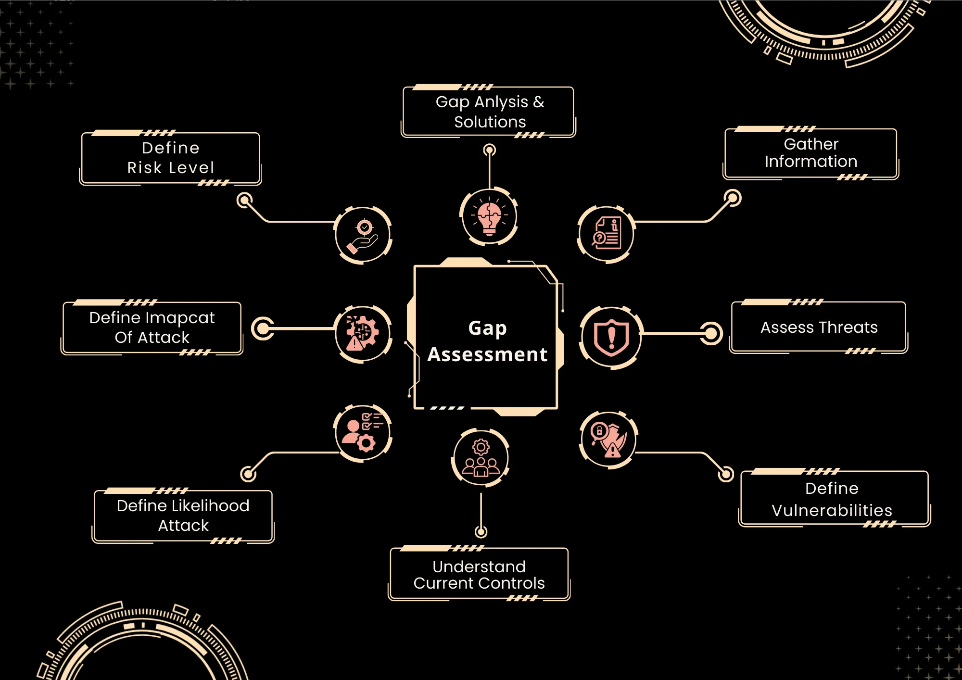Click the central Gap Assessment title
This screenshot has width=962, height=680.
[x=487, y=341]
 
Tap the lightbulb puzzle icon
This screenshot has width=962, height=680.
[x=489, y=217]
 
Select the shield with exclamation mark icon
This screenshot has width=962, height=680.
[x=611, y=337]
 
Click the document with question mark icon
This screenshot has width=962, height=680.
[x=606, y=234]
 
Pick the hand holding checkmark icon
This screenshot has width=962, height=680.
[x=363, y=235]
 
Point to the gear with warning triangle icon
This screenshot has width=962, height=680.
[x=363, y=334]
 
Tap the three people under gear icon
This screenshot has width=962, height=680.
[x=481, y=458]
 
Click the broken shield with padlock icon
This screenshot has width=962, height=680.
[x=608, y=439]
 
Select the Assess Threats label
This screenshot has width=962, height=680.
[x=819, y=327]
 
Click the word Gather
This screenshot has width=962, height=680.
[x=811, y=144]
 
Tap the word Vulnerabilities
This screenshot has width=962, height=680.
[x=832, y=510]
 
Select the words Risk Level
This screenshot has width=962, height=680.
[x=171, y=168]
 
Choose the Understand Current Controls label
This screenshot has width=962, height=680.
[x=479, y=575]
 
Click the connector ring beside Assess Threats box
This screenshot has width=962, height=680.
[x=711, y=333]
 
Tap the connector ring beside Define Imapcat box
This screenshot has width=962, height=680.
[x=263, y=328]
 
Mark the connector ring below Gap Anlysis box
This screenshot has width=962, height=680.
[x=489, y=150]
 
